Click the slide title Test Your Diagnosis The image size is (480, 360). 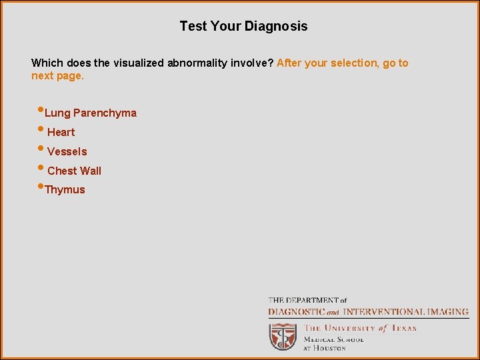pos(243,27)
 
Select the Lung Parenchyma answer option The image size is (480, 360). pos(91,113)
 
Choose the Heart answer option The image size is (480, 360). pos(61,132)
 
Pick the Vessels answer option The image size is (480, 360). pos(67,151)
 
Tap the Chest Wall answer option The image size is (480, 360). pos(75,171)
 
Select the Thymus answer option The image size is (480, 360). pos(65,190)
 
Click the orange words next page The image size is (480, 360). pos(58,76)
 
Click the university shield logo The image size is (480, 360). pos(283,337)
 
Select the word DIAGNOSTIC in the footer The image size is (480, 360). pos(296,311)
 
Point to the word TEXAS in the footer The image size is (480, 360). pos(403,328)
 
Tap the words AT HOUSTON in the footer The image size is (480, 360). pos(325,348)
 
